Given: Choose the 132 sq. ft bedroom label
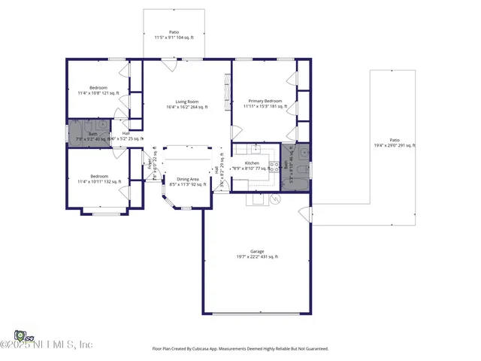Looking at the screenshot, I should pos(98,179).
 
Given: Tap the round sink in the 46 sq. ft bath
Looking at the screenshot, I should pos(302,154).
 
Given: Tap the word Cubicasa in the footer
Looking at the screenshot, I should pos(199,349).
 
